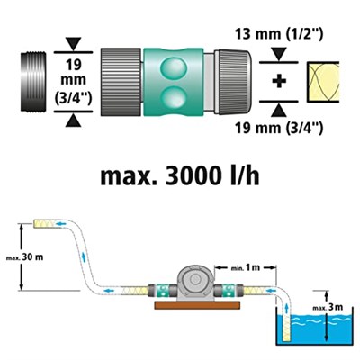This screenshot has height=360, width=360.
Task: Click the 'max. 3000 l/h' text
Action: [x=180, y=176]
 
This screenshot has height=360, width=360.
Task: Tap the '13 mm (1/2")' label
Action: [x=279, y=34]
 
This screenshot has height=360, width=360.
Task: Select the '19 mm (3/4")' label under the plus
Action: [x=279, y=129]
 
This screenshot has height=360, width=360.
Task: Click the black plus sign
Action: [x=279, y=82]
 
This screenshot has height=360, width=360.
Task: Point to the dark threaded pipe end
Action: [x=34, y=82]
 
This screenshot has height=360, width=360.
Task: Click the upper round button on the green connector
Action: [x=174, y=67]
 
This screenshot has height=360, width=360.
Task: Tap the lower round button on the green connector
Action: [x=174, y=96]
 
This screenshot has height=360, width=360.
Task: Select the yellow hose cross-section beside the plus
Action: [x=323, y=82]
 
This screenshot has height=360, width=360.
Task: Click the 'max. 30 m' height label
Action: [x=25, y=257]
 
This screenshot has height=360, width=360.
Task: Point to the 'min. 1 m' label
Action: [x=246, y=267]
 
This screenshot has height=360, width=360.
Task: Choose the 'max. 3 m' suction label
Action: [x=328, y=307]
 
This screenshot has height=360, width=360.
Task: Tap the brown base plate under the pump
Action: [x=197, y=305]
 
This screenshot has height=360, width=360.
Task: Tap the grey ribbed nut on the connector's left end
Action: [x=121, y=82]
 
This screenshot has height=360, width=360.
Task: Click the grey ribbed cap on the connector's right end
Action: [x=235, y=82]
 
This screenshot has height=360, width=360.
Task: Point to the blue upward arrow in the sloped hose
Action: [x=84, y=256]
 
